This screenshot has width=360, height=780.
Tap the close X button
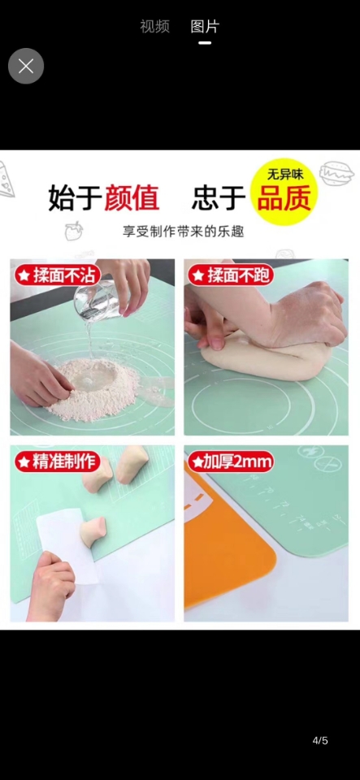coord(26,66)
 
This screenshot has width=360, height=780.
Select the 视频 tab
coord(154,26)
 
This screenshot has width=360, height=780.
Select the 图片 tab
coord(205,26)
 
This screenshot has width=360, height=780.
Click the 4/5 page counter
coord(320,740)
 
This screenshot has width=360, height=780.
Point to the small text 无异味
coord(285,174)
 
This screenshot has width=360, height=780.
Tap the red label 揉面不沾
coord(58,275)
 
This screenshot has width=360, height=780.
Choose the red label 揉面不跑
coord(231,275)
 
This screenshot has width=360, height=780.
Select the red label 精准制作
coord(58,462)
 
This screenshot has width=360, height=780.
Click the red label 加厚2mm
coord(231,462)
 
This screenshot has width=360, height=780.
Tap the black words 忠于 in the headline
coord(218,197)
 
